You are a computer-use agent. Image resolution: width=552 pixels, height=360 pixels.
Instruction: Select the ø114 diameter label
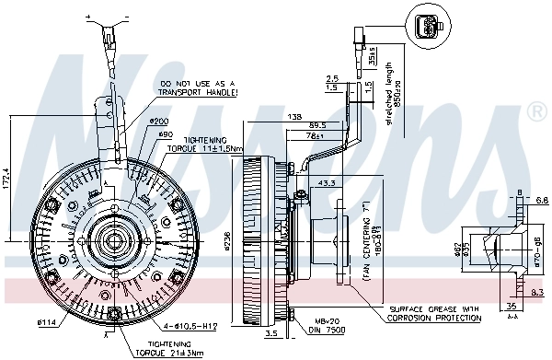pyautogui.click(x=47, y=322)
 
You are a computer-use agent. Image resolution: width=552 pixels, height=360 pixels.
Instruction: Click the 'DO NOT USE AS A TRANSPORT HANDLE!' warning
pyautogui.click(x=197, y=88)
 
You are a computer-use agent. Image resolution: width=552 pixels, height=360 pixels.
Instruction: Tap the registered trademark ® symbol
pyautogui.click(x=535, y=113)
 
